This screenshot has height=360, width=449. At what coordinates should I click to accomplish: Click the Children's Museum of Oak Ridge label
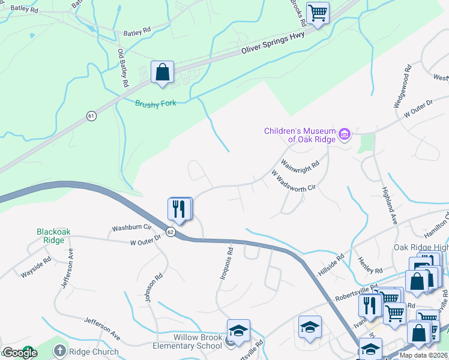coord(300,135)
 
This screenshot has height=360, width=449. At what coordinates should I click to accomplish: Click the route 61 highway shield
coord(91,115)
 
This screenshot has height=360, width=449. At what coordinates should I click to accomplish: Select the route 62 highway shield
coord(170,232)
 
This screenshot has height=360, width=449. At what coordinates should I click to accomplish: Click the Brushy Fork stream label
coord(155,103)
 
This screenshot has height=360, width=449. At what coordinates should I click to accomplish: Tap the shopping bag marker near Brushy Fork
coord(162,73)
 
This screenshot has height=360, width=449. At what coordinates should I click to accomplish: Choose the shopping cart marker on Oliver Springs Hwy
coord(318,13)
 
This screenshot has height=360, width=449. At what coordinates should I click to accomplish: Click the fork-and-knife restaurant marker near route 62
coord(179,209)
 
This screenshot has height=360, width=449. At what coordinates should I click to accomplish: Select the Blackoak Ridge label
coord(54,235)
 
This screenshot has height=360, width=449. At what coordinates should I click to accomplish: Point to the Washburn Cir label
coord(130,229)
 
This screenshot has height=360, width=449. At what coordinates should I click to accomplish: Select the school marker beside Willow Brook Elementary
coord(238,330)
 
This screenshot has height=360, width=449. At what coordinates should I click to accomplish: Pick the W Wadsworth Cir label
coord(293,181)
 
